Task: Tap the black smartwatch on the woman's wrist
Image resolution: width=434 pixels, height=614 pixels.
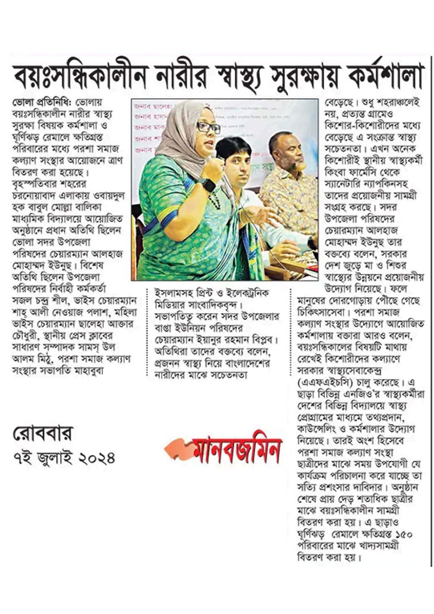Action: tap(208, 185)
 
